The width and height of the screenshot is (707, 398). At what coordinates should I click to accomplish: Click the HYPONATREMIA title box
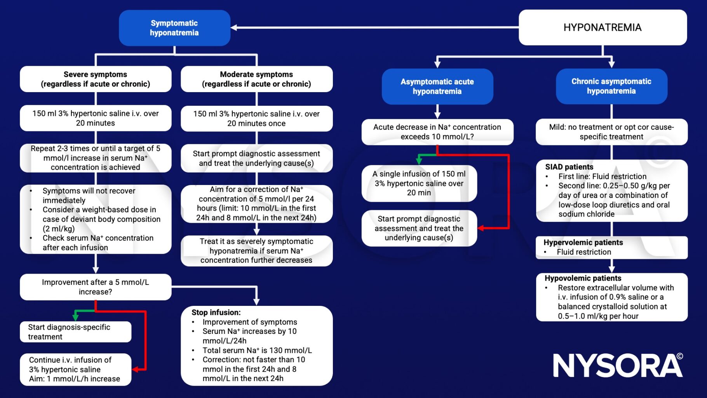pyautogui.click(x=603, y=28)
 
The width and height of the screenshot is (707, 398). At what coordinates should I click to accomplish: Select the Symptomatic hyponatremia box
pyautogui.click(x=174, y=28)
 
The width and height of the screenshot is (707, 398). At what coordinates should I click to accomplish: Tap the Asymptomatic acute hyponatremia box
pyautogui.click(x=437, y=87)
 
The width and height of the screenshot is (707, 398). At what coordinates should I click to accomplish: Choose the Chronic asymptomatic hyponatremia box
pyautogui.click(x=611, y=86)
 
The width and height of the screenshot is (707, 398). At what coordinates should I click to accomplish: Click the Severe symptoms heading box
pyautogui.click(x=96, y=79)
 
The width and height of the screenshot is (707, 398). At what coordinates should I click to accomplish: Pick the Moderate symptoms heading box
pyautogui.click(x=256, y=79)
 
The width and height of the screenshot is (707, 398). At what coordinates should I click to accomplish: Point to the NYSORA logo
pyautogui.click(x=618, y=365)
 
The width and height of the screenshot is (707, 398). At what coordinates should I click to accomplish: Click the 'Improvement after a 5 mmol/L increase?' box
pyautogui.click(x=96, y=287)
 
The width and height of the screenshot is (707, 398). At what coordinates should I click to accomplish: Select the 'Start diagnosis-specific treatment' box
pyautogui.click(x=75, y=332)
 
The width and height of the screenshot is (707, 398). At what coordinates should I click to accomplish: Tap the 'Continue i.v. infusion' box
pyautogui.click(x=75, y=369)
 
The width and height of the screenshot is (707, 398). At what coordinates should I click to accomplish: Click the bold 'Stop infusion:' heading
pyautogui.click(x=216, y=312)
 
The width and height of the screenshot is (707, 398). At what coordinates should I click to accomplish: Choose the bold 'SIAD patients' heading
pyautogui.click(x=569, y=167)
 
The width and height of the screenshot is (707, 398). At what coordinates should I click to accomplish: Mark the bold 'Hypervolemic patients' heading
pyautogui.click(x=583, y=243)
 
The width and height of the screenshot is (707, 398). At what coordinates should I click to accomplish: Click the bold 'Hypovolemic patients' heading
pyautogui.click(x=583, y=278)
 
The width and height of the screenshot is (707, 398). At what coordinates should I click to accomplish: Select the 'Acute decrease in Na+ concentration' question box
pyautogui.click(x=437, y=132)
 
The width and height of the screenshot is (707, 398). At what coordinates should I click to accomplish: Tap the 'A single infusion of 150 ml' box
pyautogui.click(x=419, y=183)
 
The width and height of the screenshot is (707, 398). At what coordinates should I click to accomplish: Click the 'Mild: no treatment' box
pyautogui.click(x=611, y=132)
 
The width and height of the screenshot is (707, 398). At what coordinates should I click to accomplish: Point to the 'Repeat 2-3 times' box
pyautogui.click(x=96, y=158)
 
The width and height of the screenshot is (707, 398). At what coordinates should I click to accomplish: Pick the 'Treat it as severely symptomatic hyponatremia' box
pyautogui.click(x=256, y=251)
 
